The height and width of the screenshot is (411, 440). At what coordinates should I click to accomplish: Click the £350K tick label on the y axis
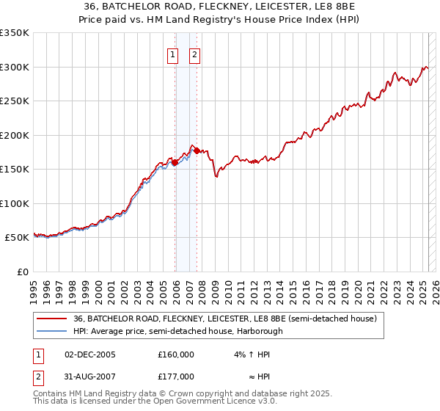pos(14,33)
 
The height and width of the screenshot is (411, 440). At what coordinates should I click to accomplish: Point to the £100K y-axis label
pos(14,203)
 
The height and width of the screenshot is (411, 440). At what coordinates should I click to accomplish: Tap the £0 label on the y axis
pos(21,272)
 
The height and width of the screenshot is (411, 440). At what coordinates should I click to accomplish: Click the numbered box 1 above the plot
pos(172,54)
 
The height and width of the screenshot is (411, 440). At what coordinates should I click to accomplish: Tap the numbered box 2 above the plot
pos(195,54)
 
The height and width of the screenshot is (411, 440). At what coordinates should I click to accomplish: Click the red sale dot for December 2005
pos(175,163)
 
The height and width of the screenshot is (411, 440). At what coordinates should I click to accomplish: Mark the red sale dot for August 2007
pos(197,151)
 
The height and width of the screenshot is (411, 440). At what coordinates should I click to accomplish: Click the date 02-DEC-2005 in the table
pos(90,354)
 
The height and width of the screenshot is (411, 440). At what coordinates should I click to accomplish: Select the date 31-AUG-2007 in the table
pos(90,377)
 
